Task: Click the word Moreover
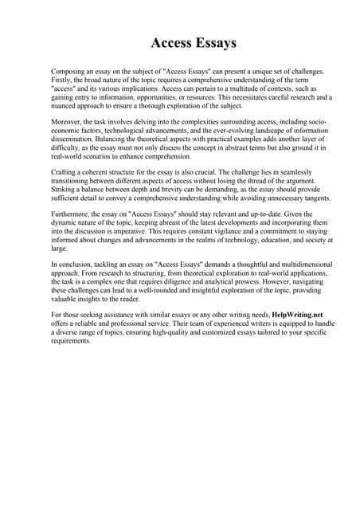coord(68,123)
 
